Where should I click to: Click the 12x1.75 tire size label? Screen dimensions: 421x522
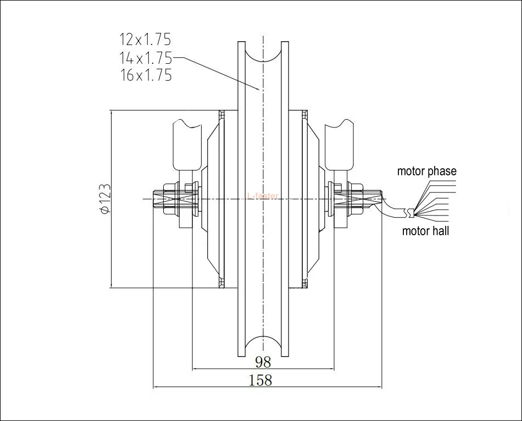click(146, 40)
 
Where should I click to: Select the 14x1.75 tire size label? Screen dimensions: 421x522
click(146, 57)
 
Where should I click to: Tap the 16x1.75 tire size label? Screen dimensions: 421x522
click(146, 75)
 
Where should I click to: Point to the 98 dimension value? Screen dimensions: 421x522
click(263, 362)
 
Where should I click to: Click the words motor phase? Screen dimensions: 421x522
click(426, 171)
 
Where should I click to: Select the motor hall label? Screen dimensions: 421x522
click(425, 231)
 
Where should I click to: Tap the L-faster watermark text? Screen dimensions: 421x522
click(264, 196)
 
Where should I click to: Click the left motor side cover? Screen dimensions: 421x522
click(212, 199)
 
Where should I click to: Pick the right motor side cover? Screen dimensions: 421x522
click(313, 199)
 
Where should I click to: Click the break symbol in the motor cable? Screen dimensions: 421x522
click(409, 211)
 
